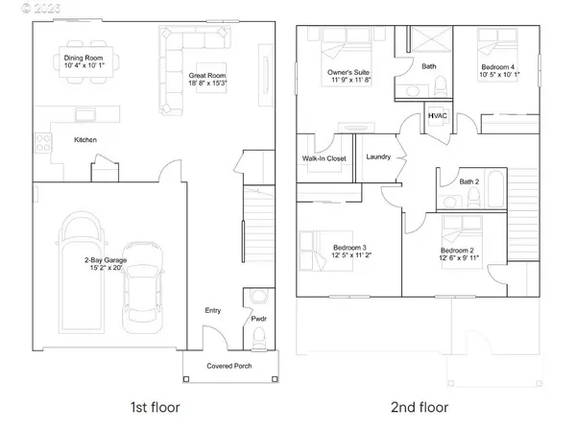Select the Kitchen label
click(87, 140)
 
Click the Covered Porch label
click(230, 367)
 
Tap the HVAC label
click(438, 117)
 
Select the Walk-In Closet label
click(324, 159)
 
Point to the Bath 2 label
click(468, 181)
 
